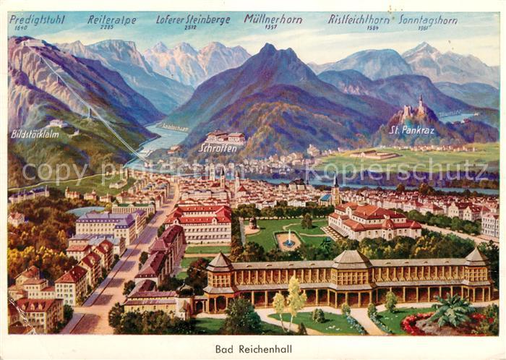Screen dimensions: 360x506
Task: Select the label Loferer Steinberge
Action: [190, 20]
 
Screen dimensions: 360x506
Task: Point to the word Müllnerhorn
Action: [273, 19]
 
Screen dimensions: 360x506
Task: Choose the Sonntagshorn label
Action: [428, 20]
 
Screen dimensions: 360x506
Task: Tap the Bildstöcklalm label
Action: [34, 134]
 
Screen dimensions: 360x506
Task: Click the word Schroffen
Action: [217, 147]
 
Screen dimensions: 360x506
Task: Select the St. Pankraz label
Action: [411, 130]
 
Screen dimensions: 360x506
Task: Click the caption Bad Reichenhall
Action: [253, 348]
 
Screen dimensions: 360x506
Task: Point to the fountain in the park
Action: [289, 239]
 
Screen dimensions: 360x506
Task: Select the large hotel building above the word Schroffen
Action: [225, 136]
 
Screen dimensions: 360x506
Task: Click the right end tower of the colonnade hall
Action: [475, 258]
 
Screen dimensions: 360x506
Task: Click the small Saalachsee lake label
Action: [175, 127]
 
